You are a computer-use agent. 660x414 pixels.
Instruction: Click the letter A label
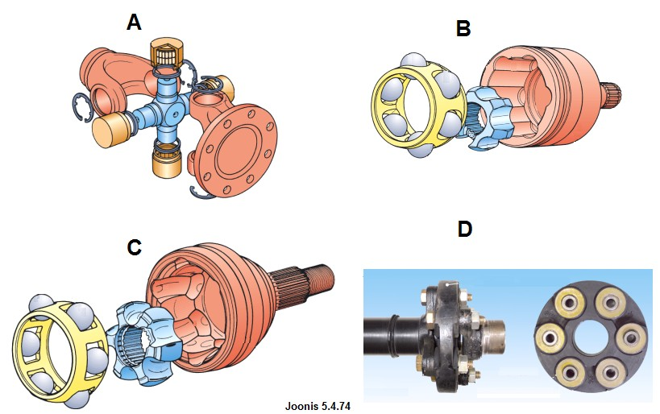134,23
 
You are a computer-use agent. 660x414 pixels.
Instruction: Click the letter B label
463,29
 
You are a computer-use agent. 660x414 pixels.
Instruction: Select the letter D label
464,229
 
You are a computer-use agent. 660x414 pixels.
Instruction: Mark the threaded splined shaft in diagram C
309,282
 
